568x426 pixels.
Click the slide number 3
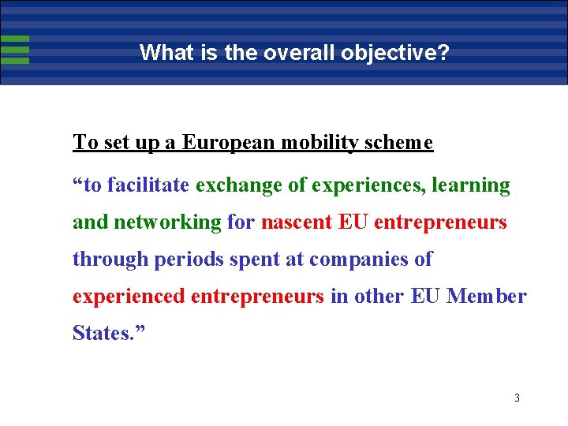click(x=517, y=398)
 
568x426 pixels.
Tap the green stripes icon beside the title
click(x=15, y=49)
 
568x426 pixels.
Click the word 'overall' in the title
click(x=288, y=53)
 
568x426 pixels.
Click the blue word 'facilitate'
click(x=148, y=185)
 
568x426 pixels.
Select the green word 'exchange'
click(x=232, y=185)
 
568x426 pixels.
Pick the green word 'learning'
click(x=472, y=186)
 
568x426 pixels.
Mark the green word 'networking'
click(x=167, y=222)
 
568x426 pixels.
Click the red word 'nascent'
click(x=296, y=222)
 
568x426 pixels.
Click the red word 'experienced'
click(x=129, y=297)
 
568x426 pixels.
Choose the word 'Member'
click(x=486, y=296)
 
